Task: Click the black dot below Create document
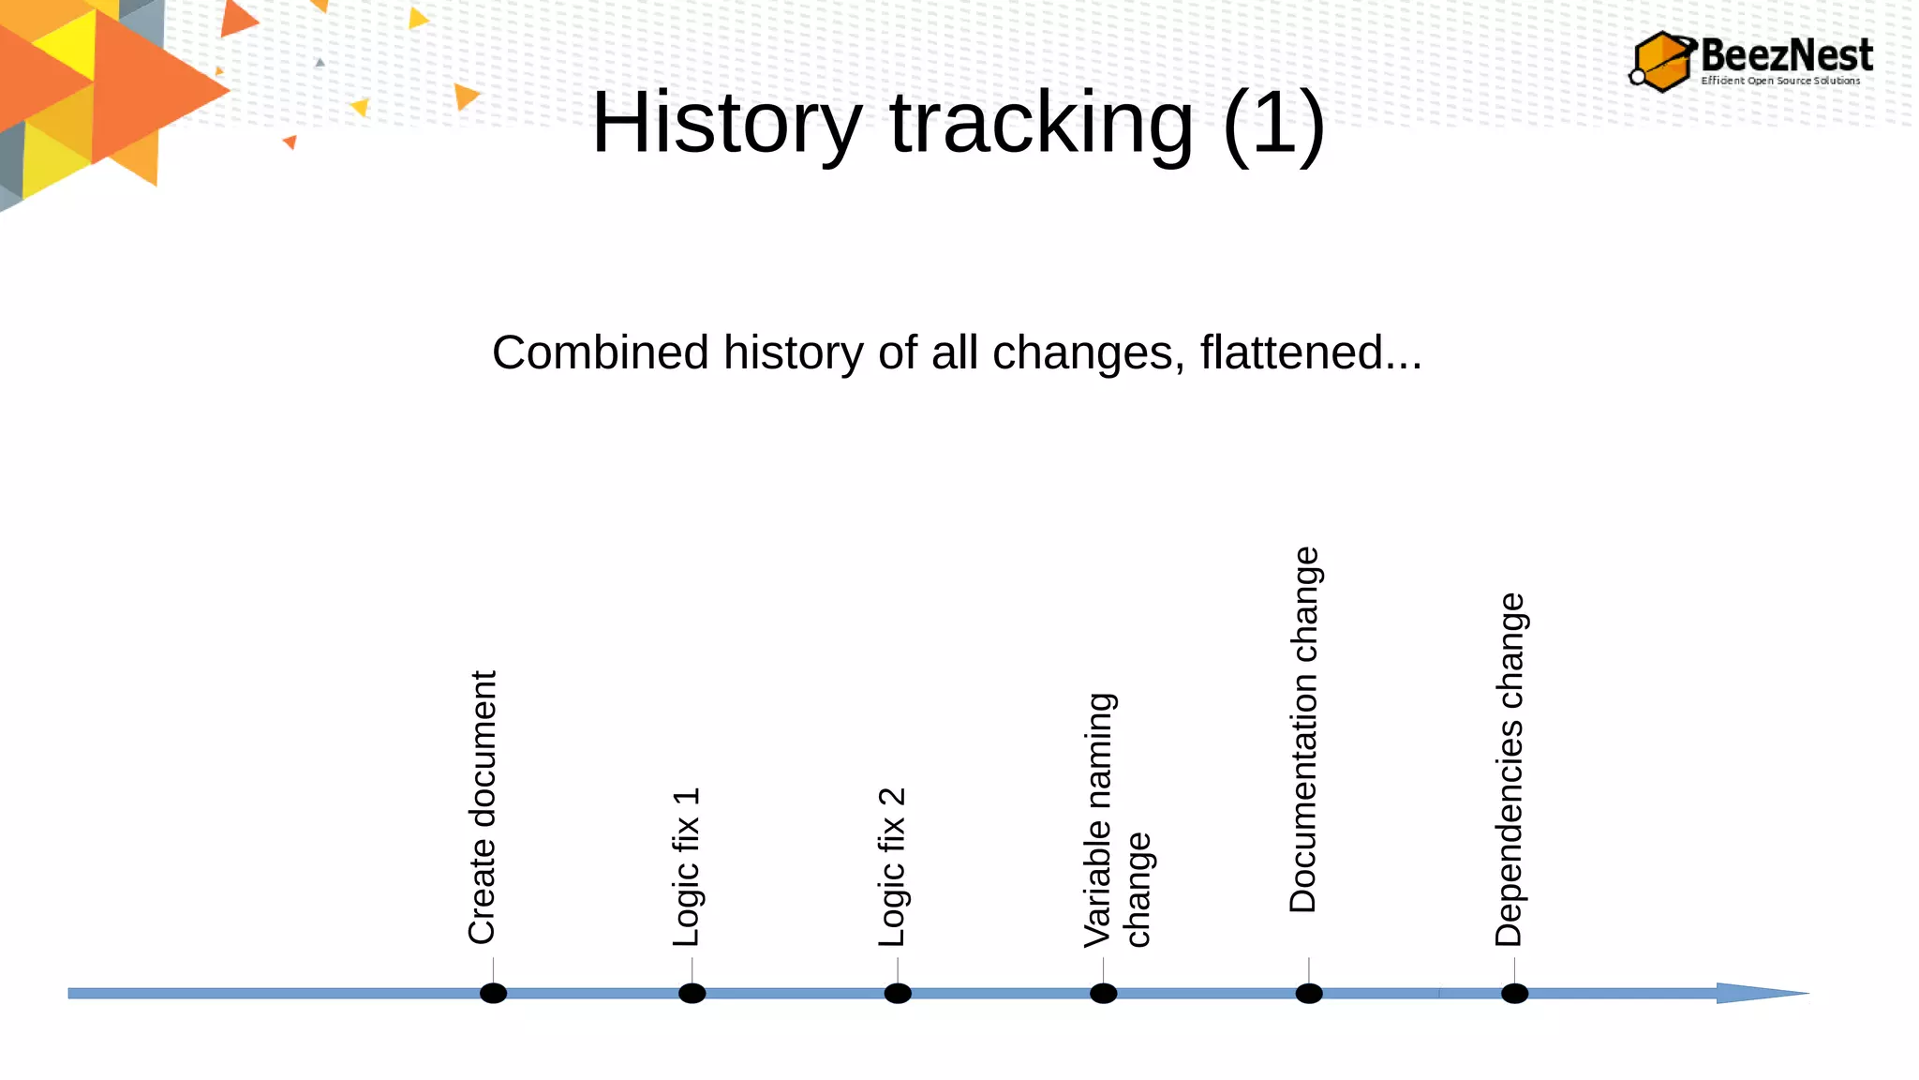pyautogui.click(x=493, y=993)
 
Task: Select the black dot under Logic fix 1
pyautogui.click(x=692, y=993)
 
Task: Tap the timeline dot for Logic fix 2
pyautogui.click(x=898, y=993)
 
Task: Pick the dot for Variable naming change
pyautogui.click(x=1103, y=993)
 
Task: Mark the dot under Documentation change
pyautogui.click(x=1309, y=993)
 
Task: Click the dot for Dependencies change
pyautogui.click(x=1514, y=993)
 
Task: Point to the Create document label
pyautogui.click(x=482, y=807)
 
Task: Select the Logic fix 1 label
pyautogui.click(x=686, y=867)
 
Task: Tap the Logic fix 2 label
pyautogui.click(x=892, y=867)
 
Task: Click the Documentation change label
pyautogui.click(x=1303, y=729)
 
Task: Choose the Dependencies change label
pyautogui.click(x=1510, y=770)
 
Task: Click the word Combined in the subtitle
pyautogui.click(x=601, y=352)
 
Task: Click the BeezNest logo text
pyautogui.click(x=1786, y=55)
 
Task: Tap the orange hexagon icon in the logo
pyautogui.click(x=1662, y=62)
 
